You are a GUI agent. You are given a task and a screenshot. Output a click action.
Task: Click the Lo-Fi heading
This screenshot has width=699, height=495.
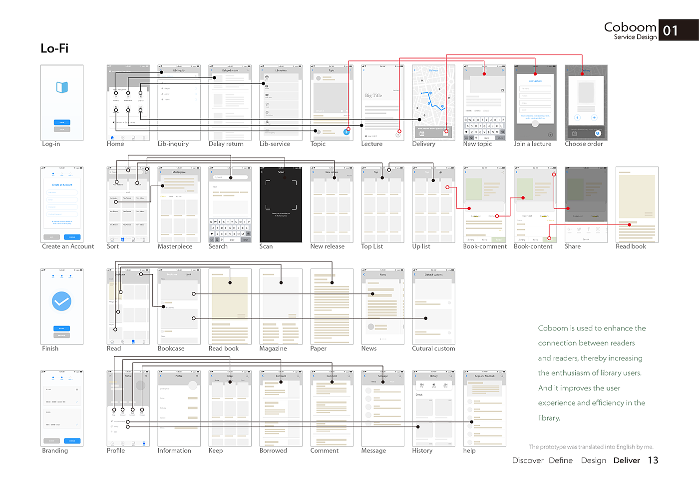pyautogui.click(x=54, y=48)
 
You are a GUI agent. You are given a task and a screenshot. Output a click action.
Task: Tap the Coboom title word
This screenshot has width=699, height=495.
pyautogui.click(x=630, y=27)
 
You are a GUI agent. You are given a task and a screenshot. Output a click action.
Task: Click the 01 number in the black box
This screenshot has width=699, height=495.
pyautogui.click(x=671, y=31)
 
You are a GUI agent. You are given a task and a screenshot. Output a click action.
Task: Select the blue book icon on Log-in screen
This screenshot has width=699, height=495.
pyautogui.click(x=62, y=87)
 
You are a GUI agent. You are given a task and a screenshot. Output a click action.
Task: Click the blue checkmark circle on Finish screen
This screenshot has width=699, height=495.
pyautogui.click(x=62, y=301)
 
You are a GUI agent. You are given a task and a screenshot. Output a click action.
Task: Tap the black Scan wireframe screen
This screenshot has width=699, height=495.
pyautogui.click(x=281, y=204)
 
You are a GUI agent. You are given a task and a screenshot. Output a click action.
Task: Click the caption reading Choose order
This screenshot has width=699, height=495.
pyautogui.click(x=584, y=144)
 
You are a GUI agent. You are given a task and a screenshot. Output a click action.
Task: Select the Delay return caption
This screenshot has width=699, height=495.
pyautogui.click(x=226, y=144)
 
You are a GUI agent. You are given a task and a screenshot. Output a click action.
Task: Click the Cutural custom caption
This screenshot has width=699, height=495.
pyautogui.click(x=433, y=348)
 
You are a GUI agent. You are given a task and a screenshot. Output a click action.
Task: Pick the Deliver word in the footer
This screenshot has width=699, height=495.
pyautogui.click(x=627, y=460)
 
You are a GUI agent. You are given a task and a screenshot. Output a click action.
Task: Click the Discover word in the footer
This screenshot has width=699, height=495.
pyautogui.click(x=528, y=460)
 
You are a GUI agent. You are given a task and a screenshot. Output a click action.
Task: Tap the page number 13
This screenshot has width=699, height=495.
pyautogui.click(x=653, y=460)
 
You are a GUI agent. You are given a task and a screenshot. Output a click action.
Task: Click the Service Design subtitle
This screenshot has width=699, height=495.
pyautogui.click(x=635, y=37)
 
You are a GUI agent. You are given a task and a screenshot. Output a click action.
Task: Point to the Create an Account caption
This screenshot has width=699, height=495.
pyautogui.click(x=68, y=246)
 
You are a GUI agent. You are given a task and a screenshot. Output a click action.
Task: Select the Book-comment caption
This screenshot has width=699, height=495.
pyautogui.click(x=485, y=246)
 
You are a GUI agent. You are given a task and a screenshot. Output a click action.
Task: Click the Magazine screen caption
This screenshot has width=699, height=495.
pyautogui.click(x=273, y=348)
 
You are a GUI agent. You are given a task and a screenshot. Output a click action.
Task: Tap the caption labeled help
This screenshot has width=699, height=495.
pyautogui.click(x=469, y=450)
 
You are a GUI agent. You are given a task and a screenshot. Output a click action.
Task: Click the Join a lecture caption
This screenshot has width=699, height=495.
pyautogui.click(x=533, y=144)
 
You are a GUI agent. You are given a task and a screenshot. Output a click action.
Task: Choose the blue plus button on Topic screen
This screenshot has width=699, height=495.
pyautogui.click(x=346, y=132)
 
